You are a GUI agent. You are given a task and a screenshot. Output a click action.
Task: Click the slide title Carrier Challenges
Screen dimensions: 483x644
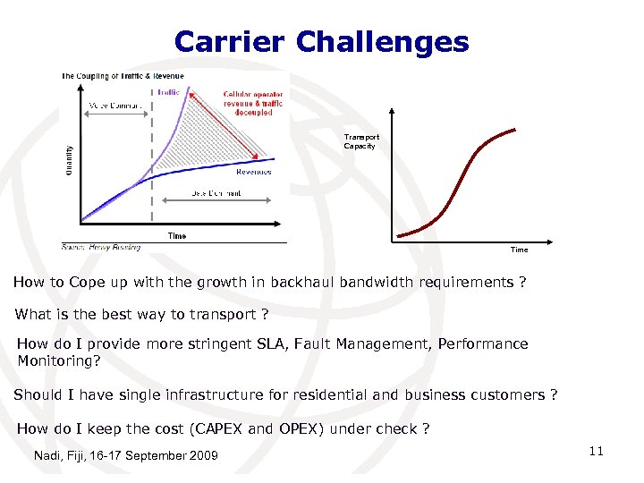[x=321, y=41]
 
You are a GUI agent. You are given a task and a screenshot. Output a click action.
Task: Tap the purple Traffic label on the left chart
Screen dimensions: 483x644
[x=168, y=92]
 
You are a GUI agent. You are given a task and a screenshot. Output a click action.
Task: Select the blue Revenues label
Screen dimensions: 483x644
[x=254, y=172]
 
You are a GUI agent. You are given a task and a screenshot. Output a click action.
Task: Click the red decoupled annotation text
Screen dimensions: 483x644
[x=253, y=103]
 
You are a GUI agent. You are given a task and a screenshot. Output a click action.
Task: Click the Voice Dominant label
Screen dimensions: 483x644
[x=114, y=106]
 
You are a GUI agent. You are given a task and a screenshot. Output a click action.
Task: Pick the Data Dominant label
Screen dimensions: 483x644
[x=216, y=193]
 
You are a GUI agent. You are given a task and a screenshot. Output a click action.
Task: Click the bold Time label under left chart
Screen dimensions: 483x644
[x=177, y=235]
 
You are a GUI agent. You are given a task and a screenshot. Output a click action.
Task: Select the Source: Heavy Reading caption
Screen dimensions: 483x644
[x=100, y=246]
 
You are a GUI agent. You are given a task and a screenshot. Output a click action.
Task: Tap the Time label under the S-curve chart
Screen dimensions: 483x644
[x=519, y=250]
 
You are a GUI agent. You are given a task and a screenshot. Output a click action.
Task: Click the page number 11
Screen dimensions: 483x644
[x=596, y=451]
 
